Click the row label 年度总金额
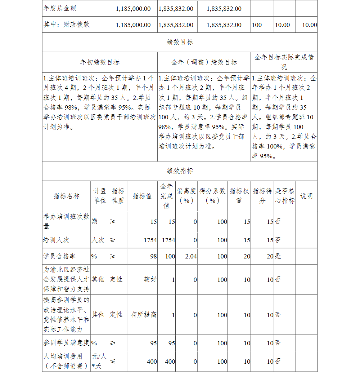(x=60, y=8)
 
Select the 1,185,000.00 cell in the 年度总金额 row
(x=133, y=9)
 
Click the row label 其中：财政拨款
(x=67, y=25)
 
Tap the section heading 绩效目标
(x=180, y=42)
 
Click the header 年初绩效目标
(x=100, y=62)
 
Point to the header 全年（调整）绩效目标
(x=204, y=62)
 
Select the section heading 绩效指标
(x=180, y=171)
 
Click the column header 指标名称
(x=67, y=196)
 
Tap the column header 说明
(x=306, y=196)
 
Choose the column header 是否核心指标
(x=285, y=196)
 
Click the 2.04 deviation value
(x=190, y=256)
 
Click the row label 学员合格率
(x=59, y=256)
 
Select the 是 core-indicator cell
(x=278, y=256)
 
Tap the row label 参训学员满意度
(x=67, y=343)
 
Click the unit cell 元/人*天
(x=99, y=361)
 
